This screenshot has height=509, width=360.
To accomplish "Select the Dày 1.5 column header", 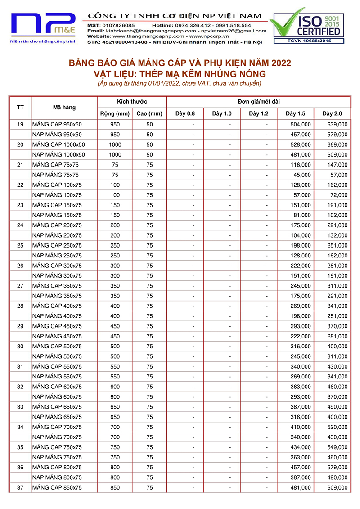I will coord(295,113).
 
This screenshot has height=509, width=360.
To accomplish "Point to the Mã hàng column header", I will coord(64,108).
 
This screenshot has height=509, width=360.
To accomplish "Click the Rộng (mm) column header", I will coord(115,113).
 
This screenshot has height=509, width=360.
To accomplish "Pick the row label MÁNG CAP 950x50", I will coord(57,124).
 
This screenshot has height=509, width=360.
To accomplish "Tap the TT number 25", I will coord(20,245).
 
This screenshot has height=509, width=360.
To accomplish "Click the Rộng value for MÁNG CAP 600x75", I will coord(115,387).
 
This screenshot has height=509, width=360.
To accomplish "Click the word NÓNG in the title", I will coord(251,74).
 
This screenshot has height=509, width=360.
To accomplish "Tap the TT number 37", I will coord(20,487).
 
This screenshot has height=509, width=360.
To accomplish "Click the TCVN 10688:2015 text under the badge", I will coord(307,41).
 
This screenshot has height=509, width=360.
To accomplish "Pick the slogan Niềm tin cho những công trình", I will coord(44,41).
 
